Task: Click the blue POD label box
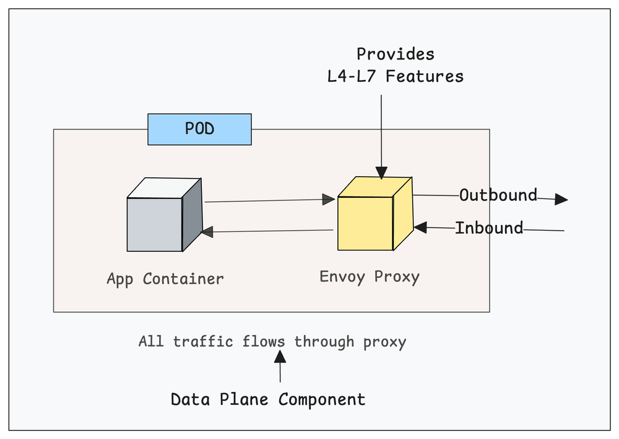[199, 129]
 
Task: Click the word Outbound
[498, 195]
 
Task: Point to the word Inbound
[489, 228]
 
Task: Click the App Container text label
[165, 279]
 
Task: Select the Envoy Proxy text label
[370, 277]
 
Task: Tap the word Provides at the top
[396, 54]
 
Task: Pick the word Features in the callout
[428, 76]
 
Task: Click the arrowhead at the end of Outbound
[561, 199]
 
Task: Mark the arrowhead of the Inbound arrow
[421, 228]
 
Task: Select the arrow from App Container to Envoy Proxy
[266, 200]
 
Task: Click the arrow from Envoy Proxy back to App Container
[266, 231]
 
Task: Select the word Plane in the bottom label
[246, 399]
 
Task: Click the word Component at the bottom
[322, 399]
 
